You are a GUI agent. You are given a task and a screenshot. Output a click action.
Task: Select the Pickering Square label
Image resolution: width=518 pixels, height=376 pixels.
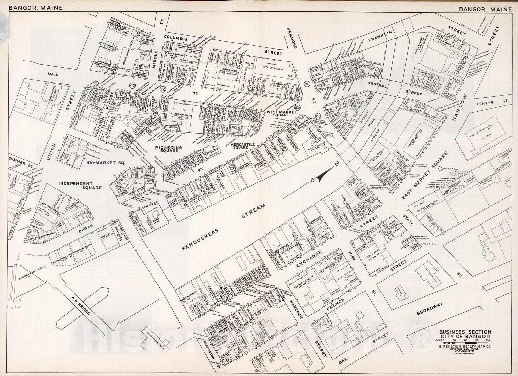click(168, 149)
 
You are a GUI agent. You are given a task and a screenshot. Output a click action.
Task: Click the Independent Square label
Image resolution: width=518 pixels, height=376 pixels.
click(80, 185)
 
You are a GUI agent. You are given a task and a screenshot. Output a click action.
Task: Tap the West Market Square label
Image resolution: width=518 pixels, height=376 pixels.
click(280, 113)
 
